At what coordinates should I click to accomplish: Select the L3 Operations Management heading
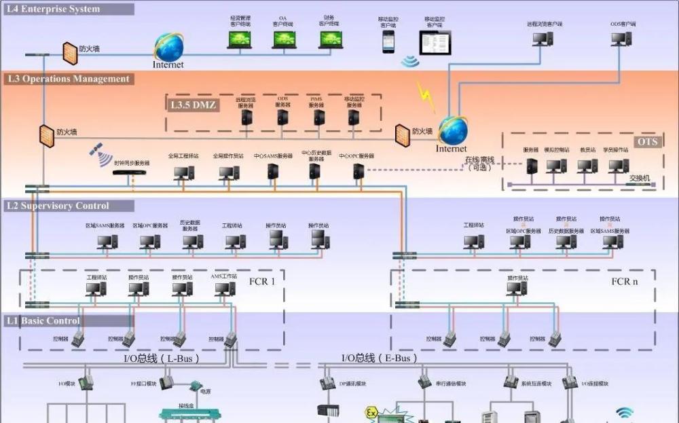(x=68, y=79)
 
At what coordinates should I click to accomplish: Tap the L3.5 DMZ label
(x=193, y=105)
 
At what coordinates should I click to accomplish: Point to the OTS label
(x=646, y=142)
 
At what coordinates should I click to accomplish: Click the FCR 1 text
(x=262, y=281)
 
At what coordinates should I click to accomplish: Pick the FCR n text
(x=625, y=281)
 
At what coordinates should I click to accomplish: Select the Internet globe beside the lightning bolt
(x=452, y=130)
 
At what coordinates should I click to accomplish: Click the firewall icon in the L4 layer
(x=69, y=50)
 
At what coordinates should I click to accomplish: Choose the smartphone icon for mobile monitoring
(x=388, y=41)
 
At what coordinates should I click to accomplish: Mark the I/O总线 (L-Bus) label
(x=162, y=358)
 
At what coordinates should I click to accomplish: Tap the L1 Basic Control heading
(x=43, y=320)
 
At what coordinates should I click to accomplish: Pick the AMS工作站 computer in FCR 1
(x=225, y=289)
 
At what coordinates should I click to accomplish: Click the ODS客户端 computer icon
(x=621, y=38)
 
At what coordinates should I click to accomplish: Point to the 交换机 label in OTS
(x=640, y=178)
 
